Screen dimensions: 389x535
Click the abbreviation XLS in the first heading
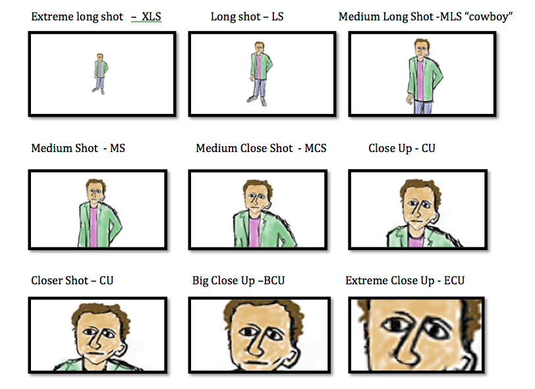point(152,16)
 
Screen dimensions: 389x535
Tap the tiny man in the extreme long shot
point(100,73)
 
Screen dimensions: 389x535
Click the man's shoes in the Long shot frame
point(259,99)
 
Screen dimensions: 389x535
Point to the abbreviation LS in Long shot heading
point(277,16)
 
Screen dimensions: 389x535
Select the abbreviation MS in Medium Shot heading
point(117,148)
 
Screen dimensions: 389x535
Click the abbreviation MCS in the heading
point(315,148)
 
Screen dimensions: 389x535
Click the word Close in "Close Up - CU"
point(381,148)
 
